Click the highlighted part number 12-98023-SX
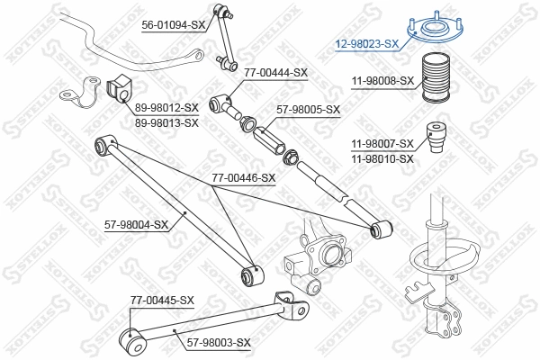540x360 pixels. coord(366,43)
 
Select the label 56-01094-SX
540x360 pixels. coord(174,26)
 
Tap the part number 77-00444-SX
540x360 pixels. coord(275,72)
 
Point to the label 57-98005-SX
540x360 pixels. coord(309,110)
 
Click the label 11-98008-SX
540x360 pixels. coord(382,80)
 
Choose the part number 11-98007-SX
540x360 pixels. coord(382,143)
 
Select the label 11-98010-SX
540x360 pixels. coord(382,158)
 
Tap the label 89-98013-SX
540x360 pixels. coord(166,122)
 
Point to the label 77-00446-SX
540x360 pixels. coord(243,178)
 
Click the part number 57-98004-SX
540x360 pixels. coord(136,224)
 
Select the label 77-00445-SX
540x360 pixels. coord(162,299)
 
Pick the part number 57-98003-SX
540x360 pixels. coord(219,342)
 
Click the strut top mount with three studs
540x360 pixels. coord(430,30)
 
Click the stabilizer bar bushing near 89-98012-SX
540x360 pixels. coord(119,89)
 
